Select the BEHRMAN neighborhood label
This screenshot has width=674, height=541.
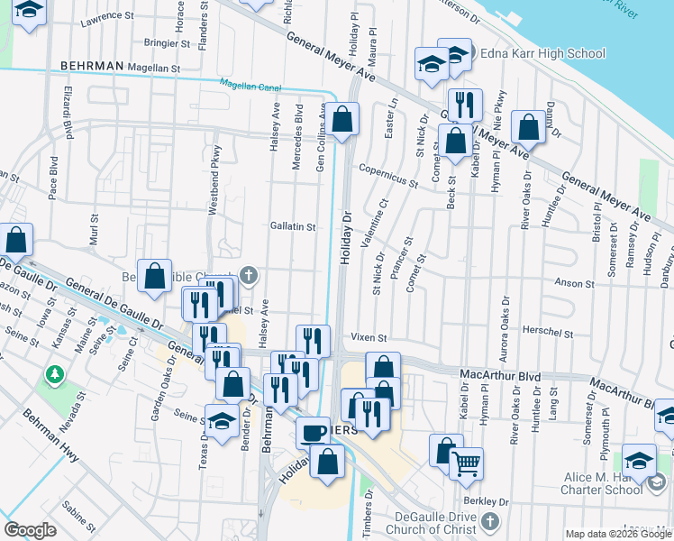click(x=90, y=67)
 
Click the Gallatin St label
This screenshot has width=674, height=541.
click(x=292, y=227)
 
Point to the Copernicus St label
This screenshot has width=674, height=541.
click(x=387, y=175)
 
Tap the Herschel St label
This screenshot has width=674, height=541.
click(x=549, y=333)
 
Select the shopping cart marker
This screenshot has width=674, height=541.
click(x=466, y=463)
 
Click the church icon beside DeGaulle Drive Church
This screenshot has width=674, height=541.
click(x=489, y=521)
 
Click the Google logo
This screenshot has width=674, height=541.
click(x=30, y=530)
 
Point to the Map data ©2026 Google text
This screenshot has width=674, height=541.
click(x=617, y=534)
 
